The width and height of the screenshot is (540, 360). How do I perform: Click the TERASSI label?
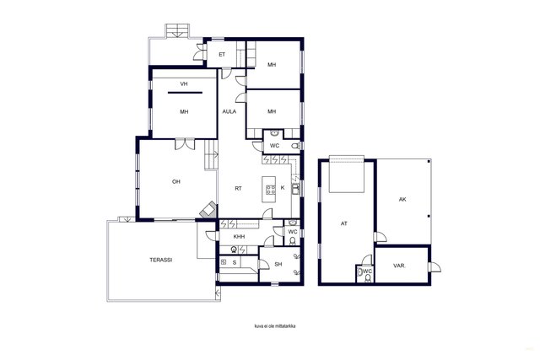coord(161,260)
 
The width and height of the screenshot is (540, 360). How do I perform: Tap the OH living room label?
coord(176,182)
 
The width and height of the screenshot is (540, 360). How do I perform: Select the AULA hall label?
coord(229,111)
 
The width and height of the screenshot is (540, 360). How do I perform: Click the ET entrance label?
coord(222,54)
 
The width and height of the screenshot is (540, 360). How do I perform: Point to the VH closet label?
coord(184,83)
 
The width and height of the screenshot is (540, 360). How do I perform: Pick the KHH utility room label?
coord(239,237)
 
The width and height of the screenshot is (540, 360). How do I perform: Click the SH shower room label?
coord(278,265)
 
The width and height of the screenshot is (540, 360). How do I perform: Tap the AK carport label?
coord(402,199)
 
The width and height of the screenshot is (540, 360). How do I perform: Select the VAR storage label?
coord(399,266)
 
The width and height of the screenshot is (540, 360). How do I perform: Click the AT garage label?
coord(343,223)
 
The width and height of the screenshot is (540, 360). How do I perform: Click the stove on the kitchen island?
coord(270,190)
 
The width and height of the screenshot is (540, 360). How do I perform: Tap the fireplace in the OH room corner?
coord(208,209)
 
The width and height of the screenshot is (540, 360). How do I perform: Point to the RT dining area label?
coord(238,189)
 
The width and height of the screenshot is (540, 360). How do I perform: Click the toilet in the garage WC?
coord(368,278)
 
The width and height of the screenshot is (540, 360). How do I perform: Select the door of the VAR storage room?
coord(435,267)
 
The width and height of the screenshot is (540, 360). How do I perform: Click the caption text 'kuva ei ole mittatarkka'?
coord(275,326)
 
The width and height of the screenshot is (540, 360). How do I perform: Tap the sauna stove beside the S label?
coord(223,262)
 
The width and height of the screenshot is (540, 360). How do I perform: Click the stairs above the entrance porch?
coord(177,30)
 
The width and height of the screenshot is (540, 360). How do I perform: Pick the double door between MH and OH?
coord(185,144)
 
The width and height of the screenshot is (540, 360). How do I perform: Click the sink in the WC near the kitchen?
coord(274,133)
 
